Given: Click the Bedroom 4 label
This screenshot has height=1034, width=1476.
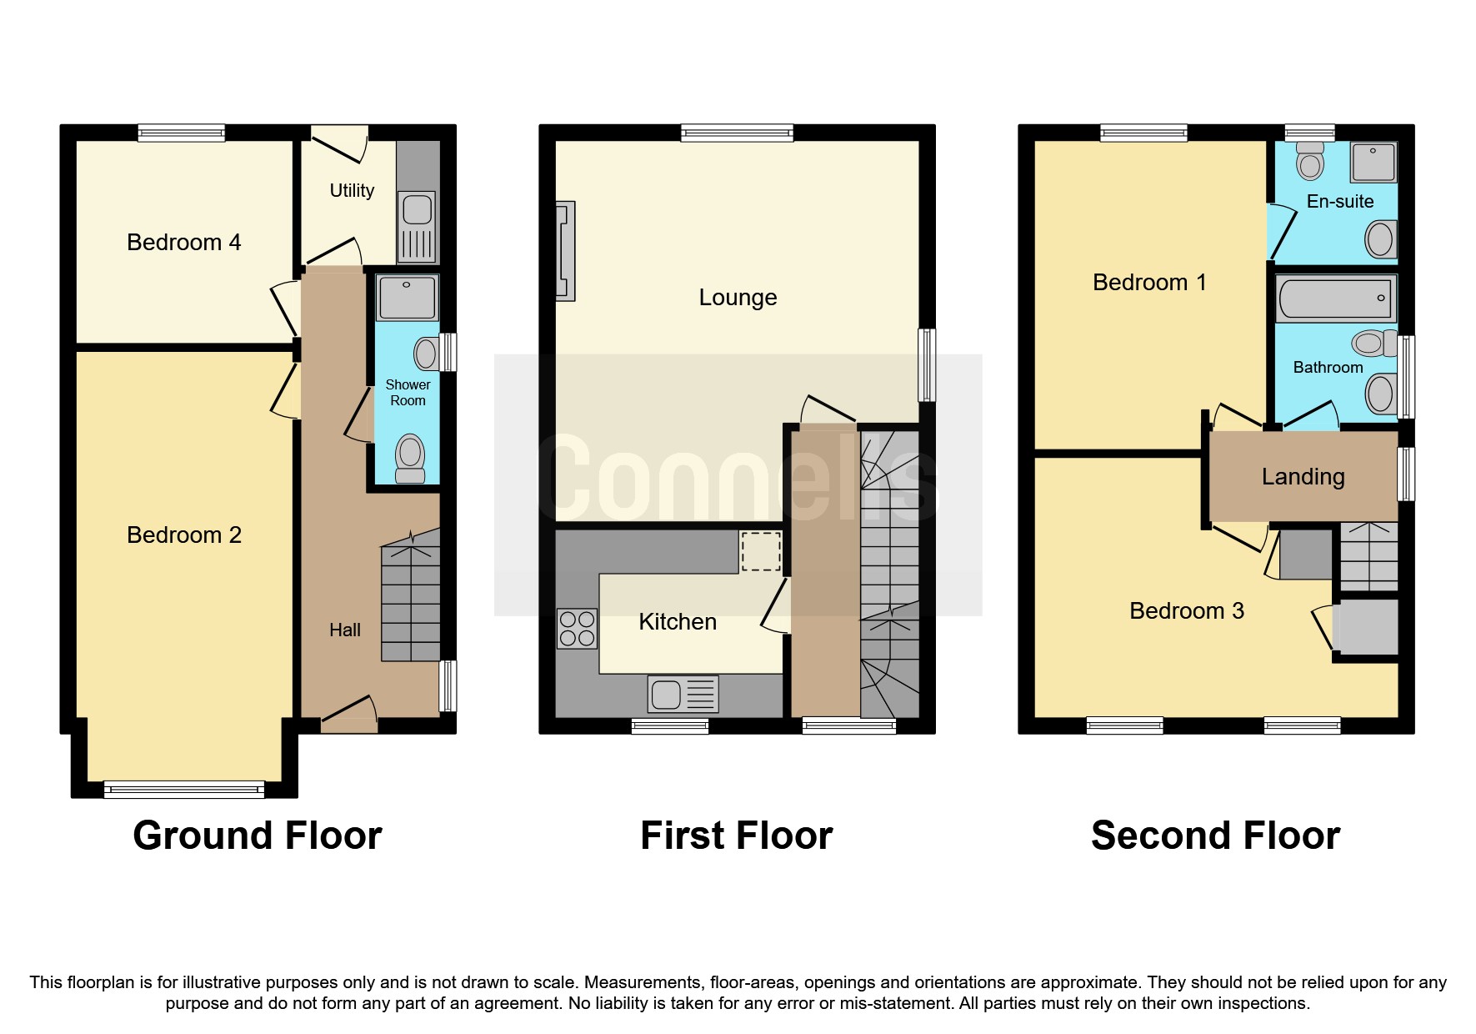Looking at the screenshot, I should [x=183, y=243].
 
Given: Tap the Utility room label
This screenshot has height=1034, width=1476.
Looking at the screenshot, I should [x=352, y=191].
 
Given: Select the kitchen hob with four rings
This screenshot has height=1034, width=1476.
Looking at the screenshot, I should [x=577, y=629].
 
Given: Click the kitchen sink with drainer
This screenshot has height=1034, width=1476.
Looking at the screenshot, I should [x=683, y=694].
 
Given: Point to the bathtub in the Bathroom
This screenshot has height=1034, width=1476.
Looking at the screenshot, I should [x=1335, y=299].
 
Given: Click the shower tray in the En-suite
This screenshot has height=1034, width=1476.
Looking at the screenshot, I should [x=1373, y=162].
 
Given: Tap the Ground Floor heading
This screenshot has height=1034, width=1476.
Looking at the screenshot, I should [x=257, y=836].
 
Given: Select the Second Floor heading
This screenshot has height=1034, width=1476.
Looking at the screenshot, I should [x=1215, y=836].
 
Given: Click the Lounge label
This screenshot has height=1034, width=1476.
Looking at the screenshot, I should [x=738, y=298].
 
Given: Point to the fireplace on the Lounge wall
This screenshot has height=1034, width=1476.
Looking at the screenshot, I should [x=566, y=250].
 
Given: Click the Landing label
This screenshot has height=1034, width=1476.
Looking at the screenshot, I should [x=1303, y=477].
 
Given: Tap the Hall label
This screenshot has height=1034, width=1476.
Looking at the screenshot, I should [x=344, y=630].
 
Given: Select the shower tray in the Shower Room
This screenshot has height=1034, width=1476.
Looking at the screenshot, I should [x=407, y=298].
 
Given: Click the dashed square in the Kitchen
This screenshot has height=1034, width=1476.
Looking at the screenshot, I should [x=760, y=551].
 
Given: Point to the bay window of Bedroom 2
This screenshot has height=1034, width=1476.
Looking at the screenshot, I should [x=183, y=788].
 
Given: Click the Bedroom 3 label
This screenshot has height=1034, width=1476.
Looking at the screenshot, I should [x=1186, y=611].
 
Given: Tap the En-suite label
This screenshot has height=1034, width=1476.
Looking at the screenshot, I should [x=1339, y=202].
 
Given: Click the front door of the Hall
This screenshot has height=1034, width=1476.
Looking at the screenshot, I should [x=349, y=715].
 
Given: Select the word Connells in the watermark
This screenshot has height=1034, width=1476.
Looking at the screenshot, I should [x=738, y=479].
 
